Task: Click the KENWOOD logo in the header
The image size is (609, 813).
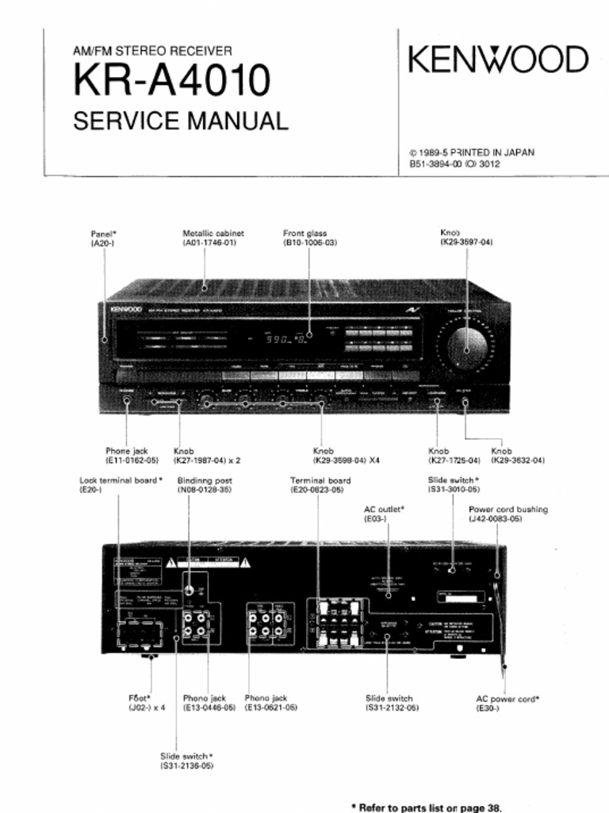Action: (x=498, y=60)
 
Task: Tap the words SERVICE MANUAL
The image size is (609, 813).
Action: (x=181, y=121)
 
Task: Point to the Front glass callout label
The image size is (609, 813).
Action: (x=305, y=233)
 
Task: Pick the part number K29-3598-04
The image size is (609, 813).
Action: (x=339, y=460)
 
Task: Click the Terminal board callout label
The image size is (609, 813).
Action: (x=320, y=480)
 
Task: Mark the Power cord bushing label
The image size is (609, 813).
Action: (x=508, y=510)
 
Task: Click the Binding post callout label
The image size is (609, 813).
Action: (x=205, y=480)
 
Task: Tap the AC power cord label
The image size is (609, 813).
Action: (x=507, y=699)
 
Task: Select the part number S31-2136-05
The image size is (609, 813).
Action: (x=186, y=766)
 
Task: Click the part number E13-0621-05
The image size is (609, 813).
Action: (x=271, y=707)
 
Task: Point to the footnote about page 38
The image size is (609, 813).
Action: (x=426, y=807)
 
